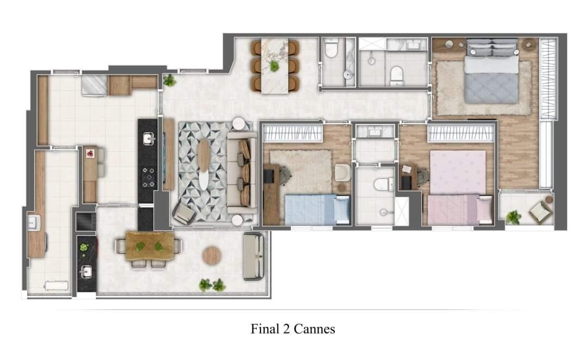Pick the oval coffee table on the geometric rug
pyautogui.click(x=204, y=164)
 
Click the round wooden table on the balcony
pyautogui.click(x=211, y=256)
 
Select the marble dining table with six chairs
pyautogui.click(x=275, y=64)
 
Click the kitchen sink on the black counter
pyautogui.click(x=148, y=140)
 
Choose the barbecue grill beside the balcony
pyautogui.click(x=86, y=221)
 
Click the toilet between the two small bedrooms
pyautogui.click(x=383, y=184)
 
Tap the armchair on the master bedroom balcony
pyautogui.click(x=540, y=212)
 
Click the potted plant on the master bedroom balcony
pyautogui.click(x=513, y=218)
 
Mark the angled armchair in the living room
pyautogui.click(x=184, y=213)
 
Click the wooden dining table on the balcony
pyautogui.click(x=150, y=246)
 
